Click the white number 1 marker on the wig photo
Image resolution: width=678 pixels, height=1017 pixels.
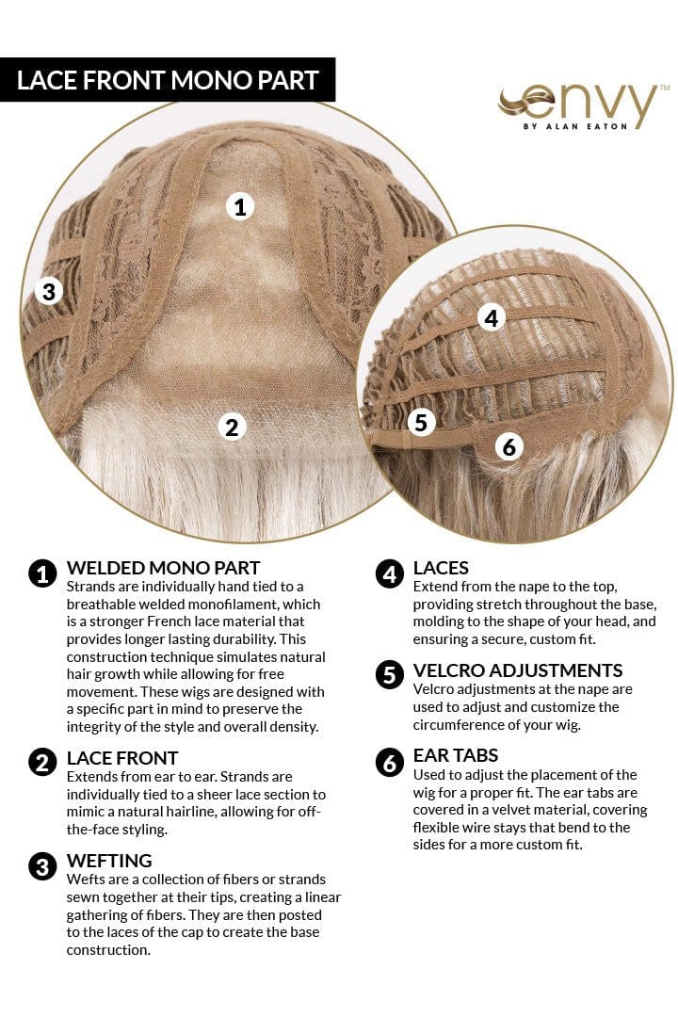(x=241, y=206)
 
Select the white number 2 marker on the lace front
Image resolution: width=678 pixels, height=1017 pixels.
(x=232, y=427)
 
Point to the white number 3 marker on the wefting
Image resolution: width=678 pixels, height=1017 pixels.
(x=48, y=291)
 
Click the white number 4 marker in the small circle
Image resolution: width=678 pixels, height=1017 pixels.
(x=491, y=318)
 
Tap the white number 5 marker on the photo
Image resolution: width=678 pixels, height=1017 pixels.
(x=421, y=423)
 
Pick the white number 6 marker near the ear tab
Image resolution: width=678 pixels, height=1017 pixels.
(x=509, y=446)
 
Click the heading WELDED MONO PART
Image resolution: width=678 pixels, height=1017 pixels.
(x=163, y=568)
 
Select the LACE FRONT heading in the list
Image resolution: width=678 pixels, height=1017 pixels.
(x=122, y=758)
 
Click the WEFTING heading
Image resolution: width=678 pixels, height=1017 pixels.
(x=109, y=861)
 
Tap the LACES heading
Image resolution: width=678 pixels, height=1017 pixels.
(x=441, y=568)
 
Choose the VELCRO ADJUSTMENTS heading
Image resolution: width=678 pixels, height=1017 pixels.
(x=518, y=670)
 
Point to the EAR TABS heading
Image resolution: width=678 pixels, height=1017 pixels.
(x=456, y=755)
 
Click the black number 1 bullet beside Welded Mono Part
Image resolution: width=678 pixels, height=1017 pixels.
(x=42, y=573)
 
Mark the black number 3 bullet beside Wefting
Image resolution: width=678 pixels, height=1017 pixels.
(x=42, y=865)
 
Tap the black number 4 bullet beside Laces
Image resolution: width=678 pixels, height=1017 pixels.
(x=389, y=573)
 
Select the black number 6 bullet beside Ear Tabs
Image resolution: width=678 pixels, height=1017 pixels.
(x=389, y=761)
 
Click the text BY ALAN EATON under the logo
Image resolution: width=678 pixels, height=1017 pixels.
(x=574, y=127)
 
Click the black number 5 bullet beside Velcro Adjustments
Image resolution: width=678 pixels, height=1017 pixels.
(x=389, y=675)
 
